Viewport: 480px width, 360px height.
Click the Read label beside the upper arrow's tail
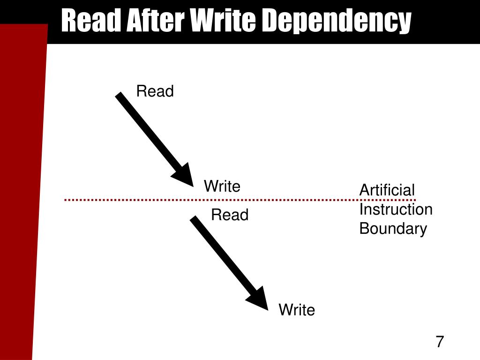[x=155, y=91]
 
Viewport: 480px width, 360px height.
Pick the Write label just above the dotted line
[x=222, y=187]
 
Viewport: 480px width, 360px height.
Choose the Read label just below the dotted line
[x=229, y=215]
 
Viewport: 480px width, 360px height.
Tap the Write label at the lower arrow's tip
[x=297, y=310]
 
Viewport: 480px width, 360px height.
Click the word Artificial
[x=387, y=190]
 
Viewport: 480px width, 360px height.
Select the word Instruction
[x=396, y=210]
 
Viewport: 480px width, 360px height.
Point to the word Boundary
[x=393, y=229]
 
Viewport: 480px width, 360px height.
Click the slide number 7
[x=439, y=342]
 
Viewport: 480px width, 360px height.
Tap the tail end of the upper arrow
[x=119, y=95]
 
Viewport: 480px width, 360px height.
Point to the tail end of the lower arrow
[x=193, y=219]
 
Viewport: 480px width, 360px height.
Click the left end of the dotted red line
[x=66, y=200]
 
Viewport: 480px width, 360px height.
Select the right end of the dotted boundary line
[x=414, y=200]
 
